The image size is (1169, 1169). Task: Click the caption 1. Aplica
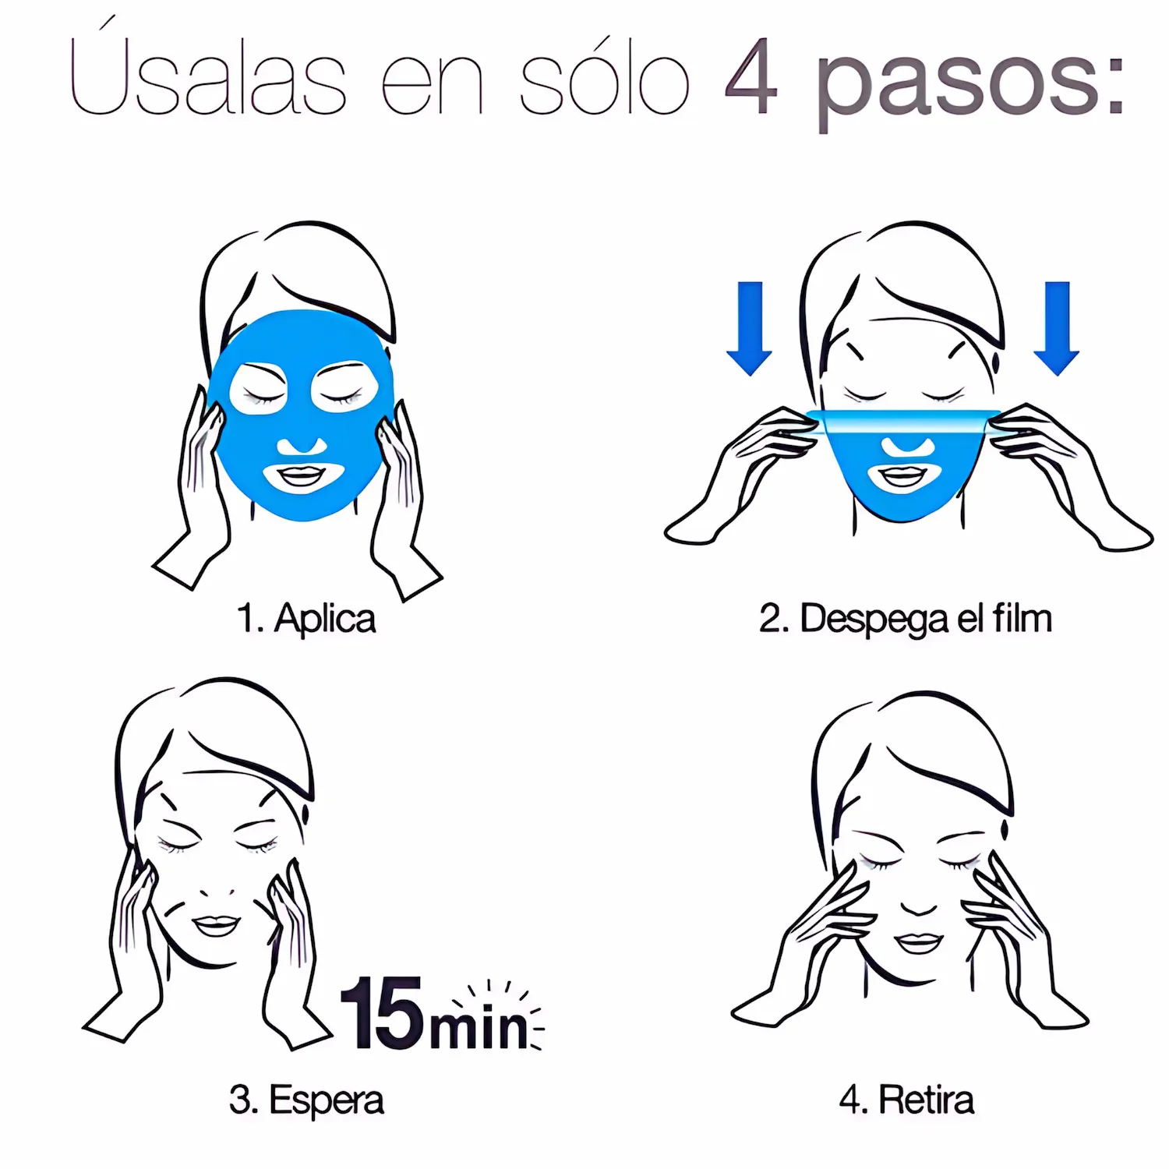point(306,619)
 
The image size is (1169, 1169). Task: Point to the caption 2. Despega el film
point(906,619)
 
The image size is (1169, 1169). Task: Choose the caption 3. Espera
point(306,1100)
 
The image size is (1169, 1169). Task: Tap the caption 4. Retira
point(906,1100)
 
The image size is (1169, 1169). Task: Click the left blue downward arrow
point(749,328)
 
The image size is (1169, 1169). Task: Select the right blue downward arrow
point(1057,328)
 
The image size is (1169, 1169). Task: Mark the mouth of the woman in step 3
point(216,924)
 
